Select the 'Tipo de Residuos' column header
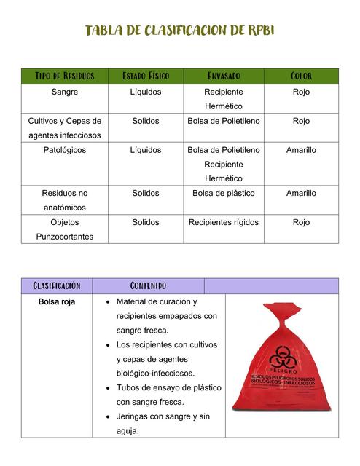(x=65, y=76)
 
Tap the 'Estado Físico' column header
(x=146, y=76)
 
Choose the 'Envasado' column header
(x=224, y=76)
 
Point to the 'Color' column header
(x=301, y=76)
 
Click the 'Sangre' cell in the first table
(x=65, y=92)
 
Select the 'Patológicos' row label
(x=65, y=150)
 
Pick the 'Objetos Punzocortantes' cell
(x=65, y=229)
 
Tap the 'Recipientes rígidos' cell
(x=224, y=222)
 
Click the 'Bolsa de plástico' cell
(x=224, y=194)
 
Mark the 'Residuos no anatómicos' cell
(x=65, y=200)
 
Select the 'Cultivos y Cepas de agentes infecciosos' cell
(x=65, y=128)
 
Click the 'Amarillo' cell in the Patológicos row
(x=301, y=150)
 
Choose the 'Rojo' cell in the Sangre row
(x=301, y=92)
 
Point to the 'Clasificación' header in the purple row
(x=57, y=285)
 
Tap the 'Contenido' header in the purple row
(x=148, y=285)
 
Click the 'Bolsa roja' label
(x=57, y=301)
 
